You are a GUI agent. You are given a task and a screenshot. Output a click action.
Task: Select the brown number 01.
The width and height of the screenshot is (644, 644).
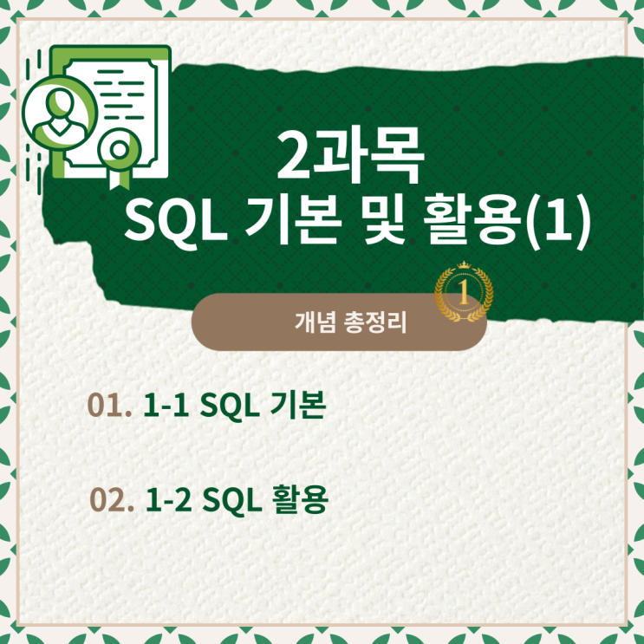click(109, 406)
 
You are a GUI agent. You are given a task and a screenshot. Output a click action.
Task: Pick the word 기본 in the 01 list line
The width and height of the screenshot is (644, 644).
click(298, 406)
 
